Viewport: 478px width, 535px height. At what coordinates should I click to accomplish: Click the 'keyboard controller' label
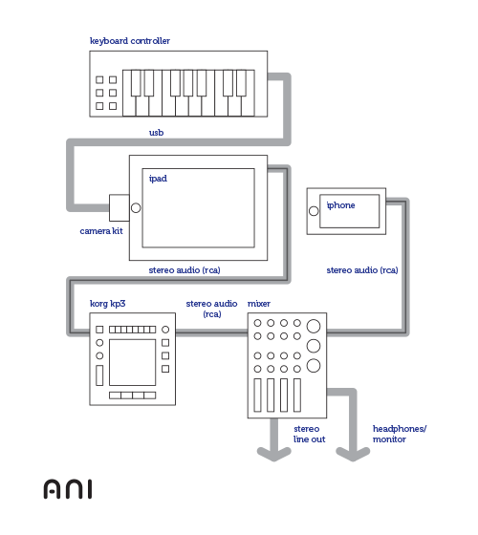[x=130, y=41]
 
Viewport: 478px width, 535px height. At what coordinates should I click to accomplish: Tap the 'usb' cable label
[x=157, y=133]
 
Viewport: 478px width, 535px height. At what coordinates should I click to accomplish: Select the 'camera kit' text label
[x=101, y=231]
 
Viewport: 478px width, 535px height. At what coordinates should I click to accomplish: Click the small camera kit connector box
[x=119, y=208]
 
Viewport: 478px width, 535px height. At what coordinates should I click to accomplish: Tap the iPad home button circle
[x=136, y=208]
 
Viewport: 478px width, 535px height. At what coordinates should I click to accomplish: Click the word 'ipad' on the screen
[x=158, y=179]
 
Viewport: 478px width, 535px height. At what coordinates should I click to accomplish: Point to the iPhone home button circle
[x=314, y=211]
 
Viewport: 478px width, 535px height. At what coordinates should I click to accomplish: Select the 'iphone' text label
[x=340, y=205]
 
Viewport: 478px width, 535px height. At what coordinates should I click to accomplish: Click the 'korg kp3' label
[x=107, y=304]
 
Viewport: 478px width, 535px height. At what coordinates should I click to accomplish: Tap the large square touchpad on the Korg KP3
[x=133, y=362]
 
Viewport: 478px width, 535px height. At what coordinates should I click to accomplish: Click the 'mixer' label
[x=259, y=304]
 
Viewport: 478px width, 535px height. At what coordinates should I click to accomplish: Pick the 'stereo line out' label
[x=310, y=434]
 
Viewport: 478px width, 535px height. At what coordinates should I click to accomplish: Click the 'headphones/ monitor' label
[x=400, y=434]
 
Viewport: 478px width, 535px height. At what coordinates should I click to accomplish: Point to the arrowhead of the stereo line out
[x=274, y=455]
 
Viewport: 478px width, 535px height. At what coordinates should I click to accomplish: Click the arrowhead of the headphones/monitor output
[x=353, y=455]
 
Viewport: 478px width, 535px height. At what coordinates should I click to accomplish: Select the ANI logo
[x=68, y=489]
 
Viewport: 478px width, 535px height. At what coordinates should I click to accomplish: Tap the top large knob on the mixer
[x=314, y=326]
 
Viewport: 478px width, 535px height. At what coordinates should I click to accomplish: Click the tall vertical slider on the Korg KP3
[x=99, y=375]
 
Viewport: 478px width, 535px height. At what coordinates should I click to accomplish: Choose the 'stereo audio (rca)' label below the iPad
[x=185, y=270]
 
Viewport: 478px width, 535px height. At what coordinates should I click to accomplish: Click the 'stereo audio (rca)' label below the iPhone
[x=362, y=270]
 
